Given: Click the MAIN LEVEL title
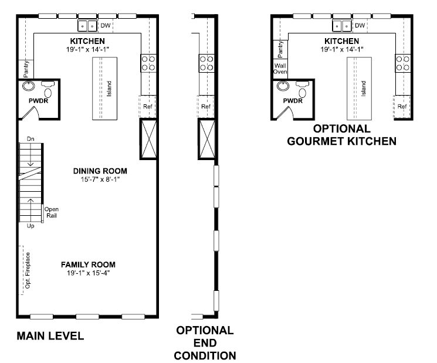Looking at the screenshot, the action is coord(50,335).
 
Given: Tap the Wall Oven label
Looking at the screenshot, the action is coord(280,69).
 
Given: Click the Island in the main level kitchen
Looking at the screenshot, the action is coord(104,89).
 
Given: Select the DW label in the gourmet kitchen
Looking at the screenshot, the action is coord(360,25).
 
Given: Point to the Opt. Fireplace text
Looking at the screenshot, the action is coord(28,270).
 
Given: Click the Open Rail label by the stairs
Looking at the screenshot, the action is coord(52,212).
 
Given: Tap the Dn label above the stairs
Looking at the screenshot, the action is coord(31,139).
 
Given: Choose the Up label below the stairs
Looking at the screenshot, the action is coord(31,226).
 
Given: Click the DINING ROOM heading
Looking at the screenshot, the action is coord(100,171).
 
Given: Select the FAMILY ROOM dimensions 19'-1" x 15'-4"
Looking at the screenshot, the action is coord(89,273).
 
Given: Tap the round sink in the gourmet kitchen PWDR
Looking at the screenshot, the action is coord(283,86).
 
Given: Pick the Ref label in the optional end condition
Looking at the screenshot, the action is coord(206,106).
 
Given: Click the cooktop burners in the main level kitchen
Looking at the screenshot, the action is coord(148,63).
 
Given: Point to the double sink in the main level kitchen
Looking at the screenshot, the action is coord(87,26).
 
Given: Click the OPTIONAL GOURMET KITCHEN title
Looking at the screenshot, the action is coord(342,135).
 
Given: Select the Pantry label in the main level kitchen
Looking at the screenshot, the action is coord(26,69).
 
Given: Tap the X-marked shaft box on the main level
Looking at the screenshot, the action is coord(148,139).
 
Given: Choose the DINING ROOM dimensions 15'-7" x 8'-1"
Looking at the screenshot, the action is coord(100,179).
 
